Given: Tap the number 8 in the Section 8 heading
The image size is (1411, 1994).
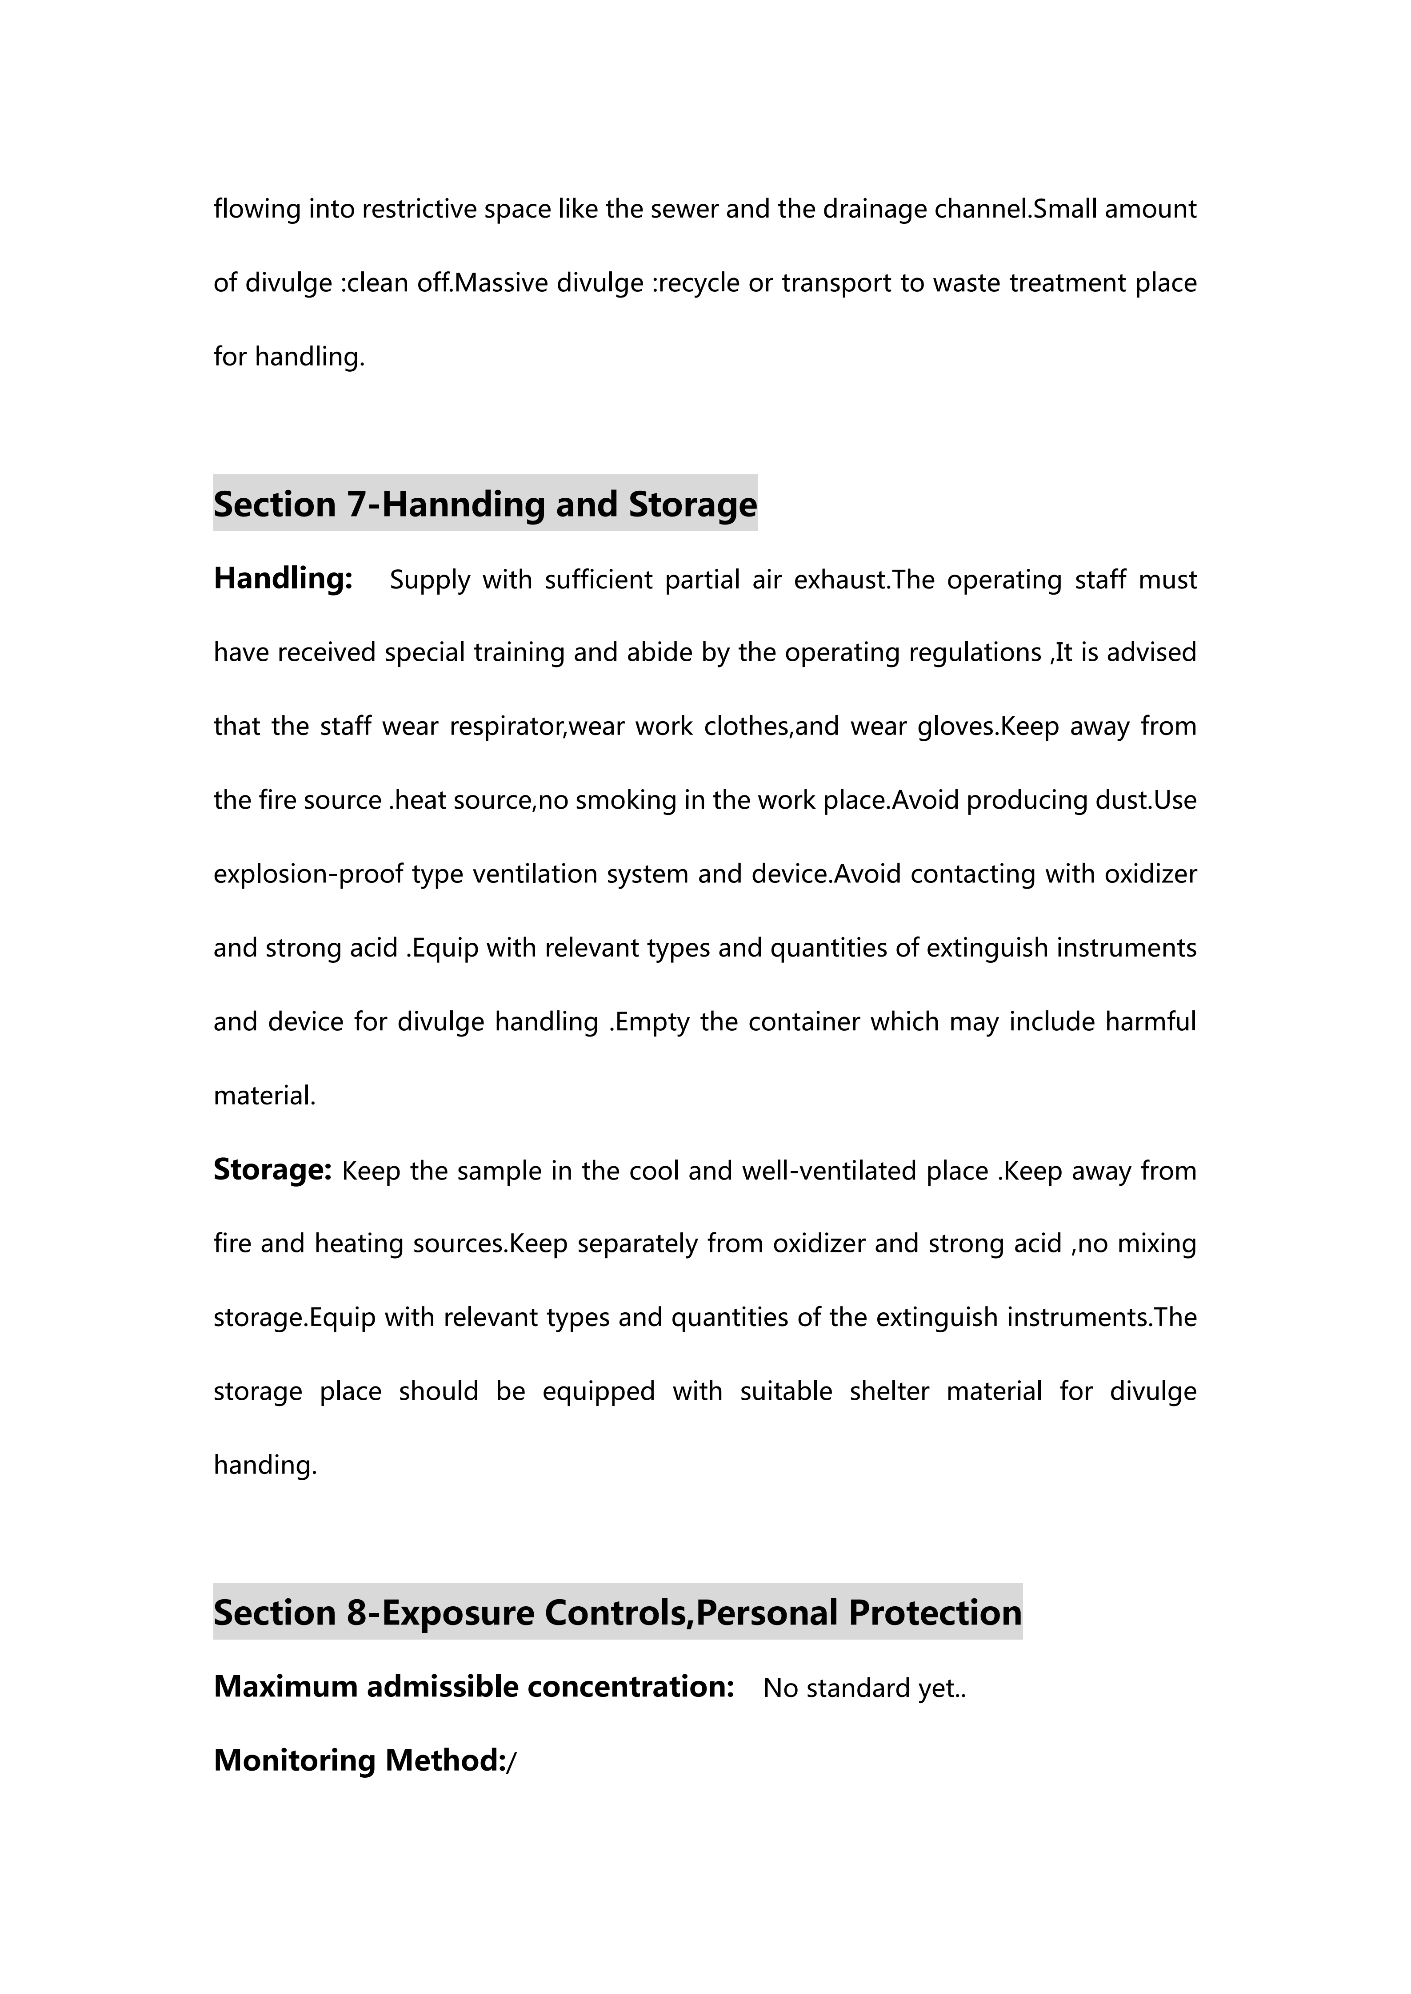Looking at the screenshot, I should (x=356, y=1613).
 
